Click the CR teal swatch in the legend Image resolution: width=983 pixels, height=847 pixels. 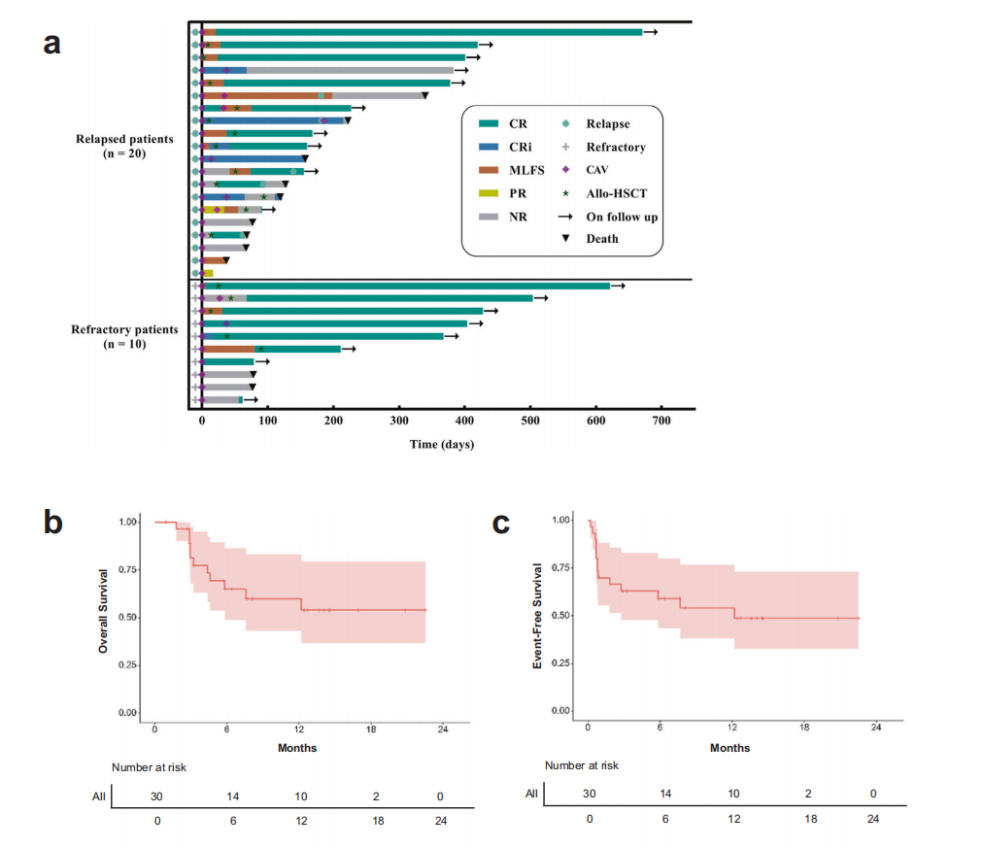pos(489,124)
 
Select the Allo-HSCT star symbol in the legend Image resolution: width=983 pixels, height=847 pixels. pos(566,193)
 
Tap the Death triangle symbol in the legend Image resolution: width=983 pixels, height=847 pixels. pos(566,239)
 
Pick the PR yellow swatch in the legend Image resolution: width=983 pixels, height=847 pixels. pos(489,193)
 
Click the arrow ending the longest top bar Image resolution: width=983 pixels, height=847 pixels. pos(651,32)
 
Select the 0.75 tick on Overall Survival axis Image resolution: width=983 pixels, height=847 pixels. pos(128,569)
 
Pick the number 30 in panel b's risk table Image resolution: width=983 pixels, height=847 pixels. pos(155,796)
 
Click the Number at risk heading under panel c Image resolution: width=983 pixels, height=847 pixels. pos(582,765)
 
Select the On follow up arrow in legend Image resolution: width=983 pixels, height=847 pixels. pos(566,217)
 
